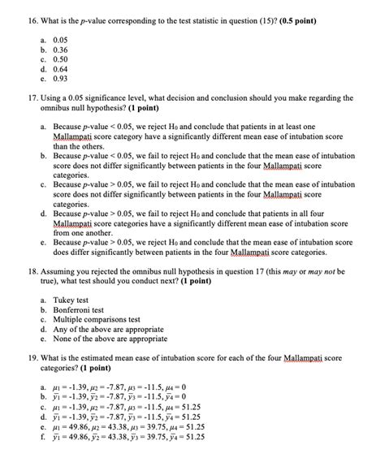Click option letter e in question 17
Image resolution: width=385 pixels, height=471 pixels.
click(x=41, y=242)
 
